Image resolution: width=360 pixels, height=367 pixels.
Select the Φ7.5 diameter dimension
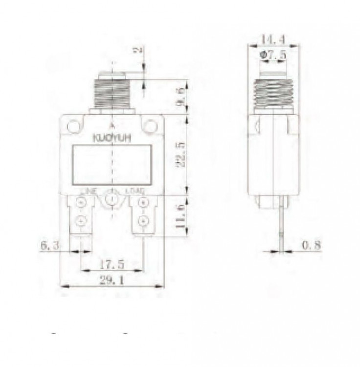[x=273, y=56]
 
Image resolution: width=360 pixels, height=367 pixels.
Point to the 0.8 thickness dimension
[x=310, y=246]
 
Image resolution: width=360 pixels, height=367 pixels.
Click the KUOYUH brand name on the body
[x=112, y=138]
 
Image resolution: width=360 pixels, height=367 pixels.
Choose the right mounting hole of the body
[x=150, y=127]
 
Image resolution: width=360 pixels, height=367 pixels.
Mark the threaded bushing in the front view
[x=112, y=94]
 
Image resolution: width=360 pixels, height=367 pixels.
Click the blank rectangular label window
[x=112, y=164]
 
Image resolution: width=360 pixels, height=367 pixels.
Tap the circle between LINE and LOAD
[x=112, y=200]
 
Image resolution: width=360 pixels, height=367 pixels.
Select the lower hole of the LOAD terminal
[x=143, y=221]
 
